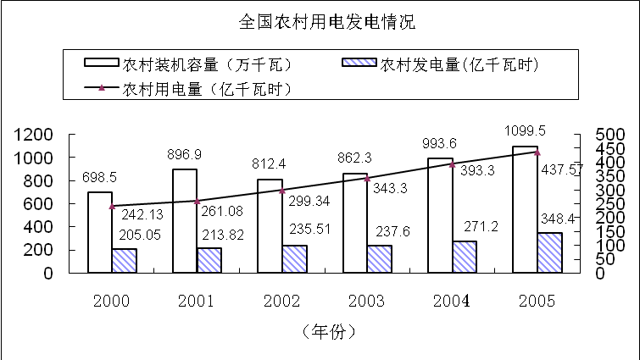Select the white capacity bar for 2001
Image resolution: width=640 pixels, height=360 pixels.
pos(185,220)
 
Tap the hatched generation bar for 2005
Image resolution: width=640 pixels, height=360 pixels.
pos(549,252)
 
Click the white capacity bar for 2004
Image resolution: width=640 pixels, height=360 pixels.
pos(440,215)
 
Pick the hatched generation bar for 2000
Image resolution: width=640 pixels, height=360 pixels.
pos(124,261)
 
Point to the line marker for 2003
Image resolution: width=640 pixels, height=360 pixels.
pos(367,179)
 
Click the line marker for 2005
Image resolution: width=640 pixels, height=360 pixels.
pos(537,152)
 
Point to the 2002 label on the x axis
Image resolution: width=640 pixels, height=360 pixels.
pos(281,302)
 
